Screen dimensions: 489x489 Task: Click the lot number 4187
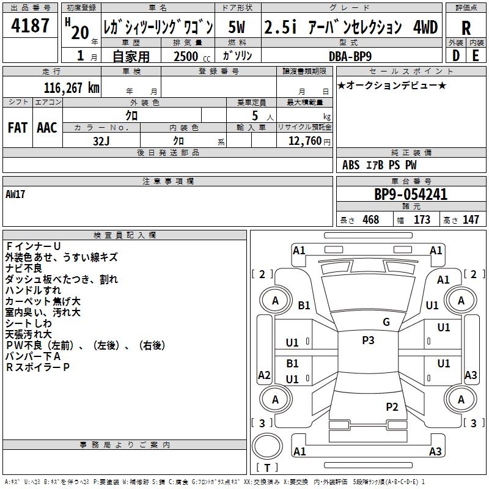click(x=30, y=26)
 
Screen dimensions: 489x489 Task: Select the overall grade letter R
click(x=466, y=28)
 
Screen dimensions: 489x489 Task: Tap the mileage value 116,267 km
click(x=72, y=88)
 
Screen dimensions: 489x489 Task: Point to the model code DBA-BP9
click(x=350, y=56)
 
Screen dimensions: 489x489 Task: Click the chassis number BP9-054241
click(x=411, y=194)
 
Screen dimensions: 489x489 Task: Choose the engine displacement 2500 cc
click(x=192, y=56)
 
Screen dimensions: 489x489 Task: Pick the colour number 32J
click(x=101, y=141)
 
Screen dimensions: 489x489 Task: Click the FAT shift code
click(x=18, y=128)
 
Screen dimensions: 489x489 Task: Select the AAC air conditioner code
click(x=47, y=128)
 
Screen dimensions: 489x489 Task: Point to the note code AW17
click(x=15, y=194)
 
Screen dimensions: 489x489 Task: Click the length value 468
click(x=371, y=219)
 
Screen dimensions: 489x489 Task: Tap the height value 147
click(x=471, y=219)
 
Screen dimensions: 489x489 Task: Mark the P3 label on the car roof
click(x=368, y=340)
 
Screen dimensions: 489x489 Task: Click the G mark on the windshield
click(x=386, y=322)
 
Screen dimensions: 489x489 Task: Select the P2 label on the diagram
click(x=392, y=407)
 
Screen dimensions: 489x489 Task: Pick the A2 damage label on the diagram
click(x=264, y=375)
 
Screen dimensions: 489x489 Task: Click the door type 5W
click(x=237, y=27)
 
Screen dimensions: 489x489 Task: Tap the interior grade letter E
click(x=476, y=56)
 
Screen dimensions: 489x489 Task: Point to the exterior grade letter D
click(x=456, y=56)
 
